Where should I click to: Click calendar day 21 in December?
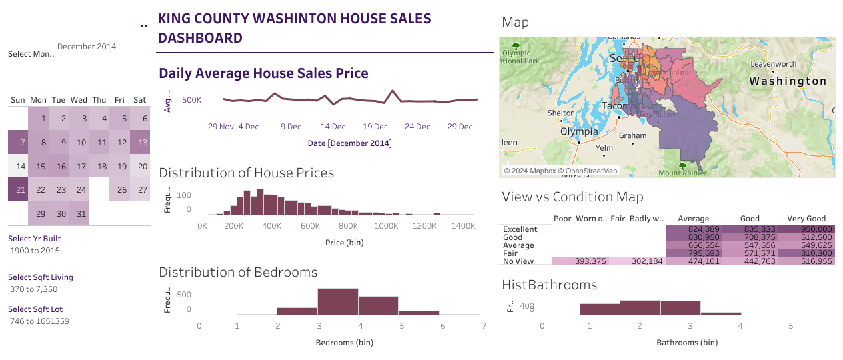(18, 189)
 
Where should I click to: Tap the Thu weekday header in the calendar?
(99, 100)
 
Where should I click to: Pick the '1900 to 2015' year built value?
(35, 251)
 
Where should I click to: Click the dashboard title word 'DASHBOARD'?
(200, 38)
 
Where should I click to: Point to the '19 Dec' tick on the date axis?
(375, 127)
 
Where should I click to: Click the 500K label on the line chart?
(192, 100)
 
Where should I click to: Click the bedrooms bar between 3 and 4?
(337, 301)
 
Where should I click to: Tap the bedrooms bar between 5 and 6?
(419, 312)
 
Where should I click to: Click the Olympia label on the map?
(578, 131)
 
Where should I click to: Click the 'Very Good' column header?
(806, 219)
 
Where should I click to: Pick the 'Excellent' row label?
(520, 229)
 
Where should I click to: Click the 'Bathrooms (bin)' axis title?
(687, 343)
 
